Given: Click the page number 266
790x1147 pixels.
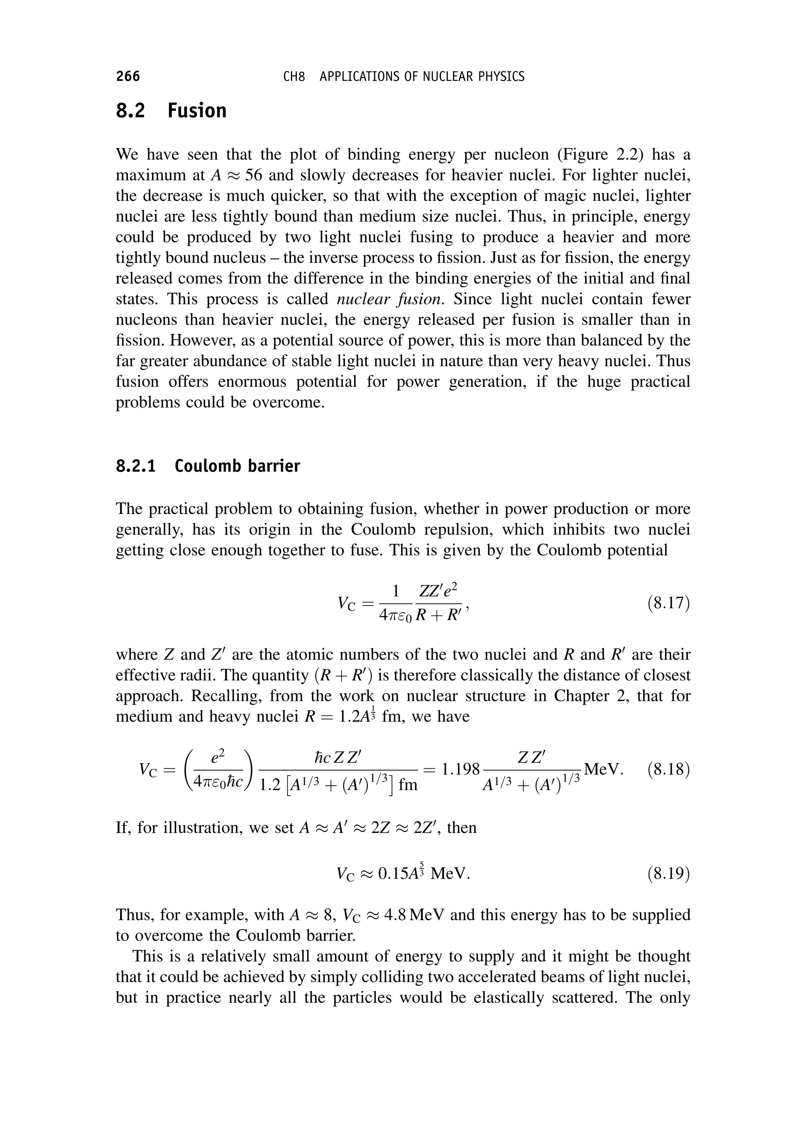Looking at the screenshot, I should pyautogui.click(x=128, y=76).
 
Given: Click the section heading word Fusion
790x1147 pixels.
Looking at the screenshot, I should pyautogui.click(x=197, y=110).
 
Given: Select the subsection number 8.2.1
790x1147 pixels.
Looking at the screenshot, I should pyautogui.click(x=136, y=466).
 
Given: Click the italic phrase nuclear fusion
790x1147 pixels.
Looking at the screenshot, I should pyautogui.click(x=389, y=299).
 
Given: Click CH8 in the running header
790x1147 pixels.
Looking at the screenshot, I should pyautogui.click(x=294, y=77).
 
